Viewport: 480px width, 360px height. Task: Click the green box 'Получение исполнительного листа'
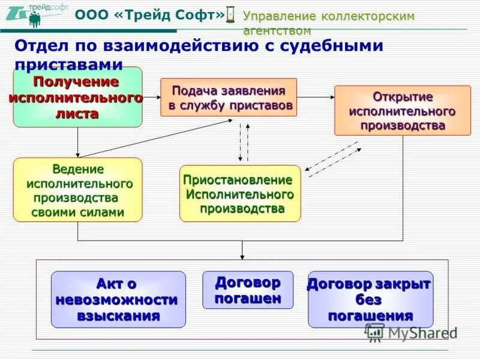(x=77, y=97)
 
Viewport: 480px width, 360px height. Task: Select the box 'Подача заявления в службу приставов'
(x=229, y=97)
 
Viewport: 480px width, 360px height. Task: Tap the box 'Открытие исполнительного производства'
(x=402, y=110)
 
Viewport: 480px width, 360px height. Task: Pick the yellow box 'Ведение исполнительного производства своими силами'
(x=77, y=190)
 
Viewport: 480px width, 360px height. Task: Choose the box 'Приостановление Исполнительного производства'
(x=240, y=194)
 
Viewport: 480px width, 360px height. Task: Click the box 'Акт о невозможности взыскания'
(x=118, y=299)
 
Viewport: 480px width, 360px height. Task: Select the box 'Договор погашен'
(x=248, y=290)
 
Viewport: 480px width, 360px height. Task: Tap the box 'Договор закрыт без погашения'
(x=370, y=299)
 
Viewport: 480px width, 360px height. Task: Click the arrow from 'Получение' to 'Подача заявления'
(x=151, y=97)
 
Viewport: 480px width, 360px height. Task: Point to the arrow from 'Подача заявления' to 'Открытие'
(x=316, y=97)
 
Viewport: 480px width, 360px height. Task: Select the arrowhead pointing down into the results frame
(x=242, y=256)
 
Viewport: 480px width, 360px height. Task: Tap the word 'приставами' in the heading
(x=68, y=64)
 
